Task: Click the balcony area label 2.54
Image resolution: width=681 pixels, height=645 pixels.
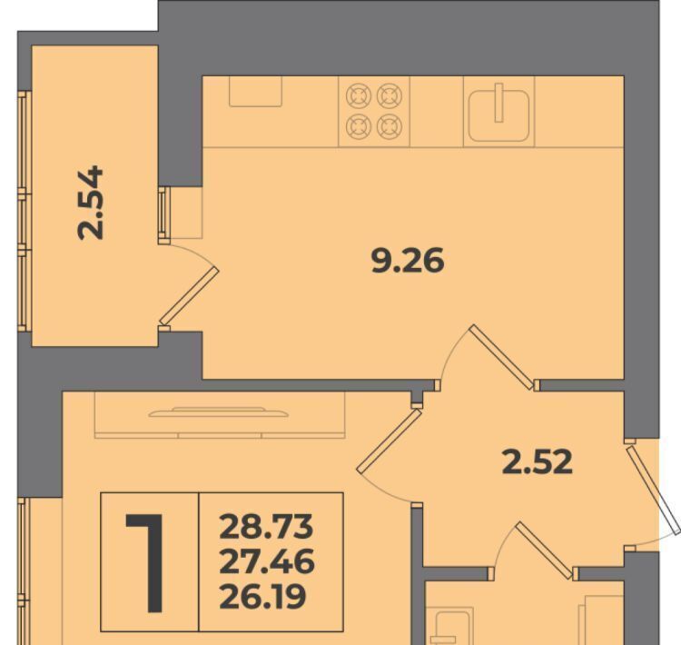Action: [x=91, y=202]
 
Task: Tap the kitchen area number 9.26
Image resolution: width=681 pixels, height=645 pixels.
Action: [x=408, y=261]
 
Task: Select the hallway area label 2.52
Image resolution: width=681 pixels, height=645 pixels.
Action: [x=538, y=461]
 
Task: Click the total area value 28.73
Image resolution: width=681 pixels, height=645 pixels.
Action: [x=266, y=526]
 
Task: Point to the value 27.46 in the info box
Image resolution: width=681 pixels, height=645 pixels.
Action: [x=267, y=561]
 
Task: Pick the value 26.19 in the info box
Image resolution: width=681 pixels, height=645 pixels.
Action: [x=262, y=596]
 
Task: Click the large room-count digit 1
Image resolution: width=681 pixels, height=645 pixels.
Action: [x=146, y=563]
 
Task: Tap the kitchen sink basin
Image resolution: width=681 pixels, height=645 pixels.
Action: [x=499, y=115]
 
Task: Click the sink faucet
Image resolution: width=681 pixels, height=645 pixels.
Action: [x=499, y=103]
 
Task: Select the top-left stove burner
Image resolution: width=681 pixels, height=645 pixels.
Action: [x=359, y=95]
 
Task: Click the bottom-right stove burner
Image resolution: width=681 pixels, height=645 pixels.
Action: [x=390, y=126]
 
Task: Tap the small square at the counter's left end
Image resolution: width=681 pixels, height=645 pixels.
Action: [x=255, y=91]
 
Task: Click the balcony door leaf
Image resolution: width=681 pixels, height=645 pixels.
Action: [x=190, y=296]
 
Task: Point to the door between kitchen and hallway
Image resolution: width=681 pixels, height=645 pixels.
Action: [x=502, y=357]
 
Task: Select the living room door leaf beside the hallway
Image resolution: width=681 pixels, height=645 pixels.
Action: [x=390, y=441]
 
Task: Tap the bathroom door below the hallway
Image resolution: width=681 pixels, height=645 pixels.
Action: [x=544, y=551]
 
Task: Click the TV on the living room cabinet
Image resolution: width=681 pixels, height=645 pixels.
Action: [x=218, y=412]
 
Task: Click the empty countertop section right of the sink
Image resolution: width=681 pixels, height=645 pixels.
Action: [x=579, y=112]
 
